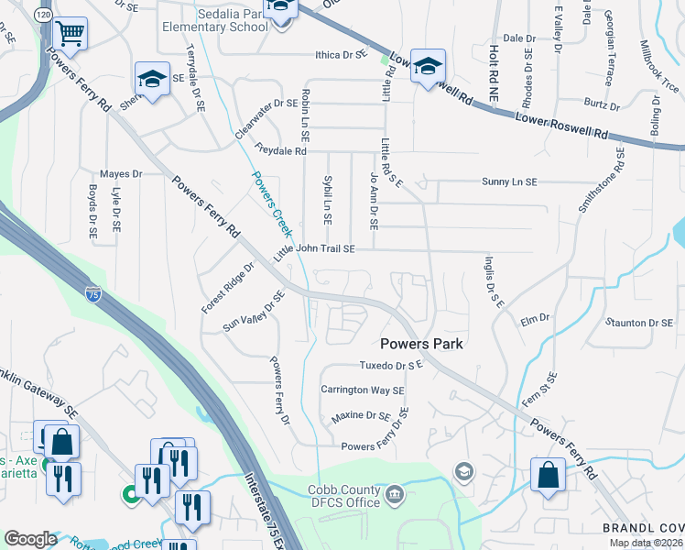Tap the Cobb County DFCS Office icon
click(x=395, y=495)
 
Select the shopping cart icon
click(x=71, y=35)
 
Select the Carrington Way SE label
click(x=362, y=390)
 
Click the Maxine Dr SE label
click(x=361, y=415)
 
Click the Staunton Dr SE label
click(x=639, y=323)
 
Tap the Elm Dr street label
click(x=534, y=318)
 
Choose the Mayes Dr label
click(x=121, y=173)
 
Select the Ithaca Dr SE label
click(x=347, y=54)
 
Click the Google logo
click(x=30, y=539)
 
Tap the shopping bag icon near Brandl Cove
click(x=548, y=475)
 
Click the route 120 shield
click(x=43, y=15)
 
